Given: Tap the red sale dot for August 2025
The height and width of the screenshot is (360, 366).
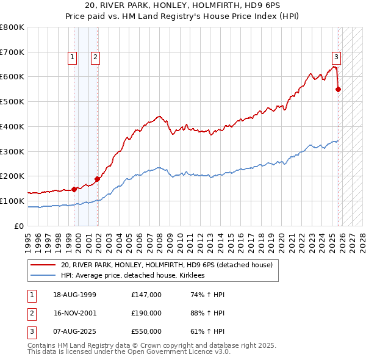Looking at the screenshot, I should [x=339, y=89].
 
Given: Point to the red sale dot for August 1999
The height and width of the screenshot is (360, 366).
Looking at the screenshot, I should [x=74, y=189].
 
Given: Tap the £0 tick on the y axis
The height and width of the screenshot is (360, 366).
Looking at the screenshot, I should [x=20, y=226].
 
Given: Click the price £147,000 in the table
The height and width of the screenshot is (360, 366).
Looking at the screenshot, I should [x=146, y=295].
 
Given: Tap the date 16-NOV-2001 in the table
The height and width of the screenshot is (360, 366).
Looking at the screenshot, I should [x=74, y=313].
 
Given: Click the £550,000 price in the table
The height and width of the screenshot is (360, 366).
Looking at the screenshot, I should [x=146, y=331].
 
